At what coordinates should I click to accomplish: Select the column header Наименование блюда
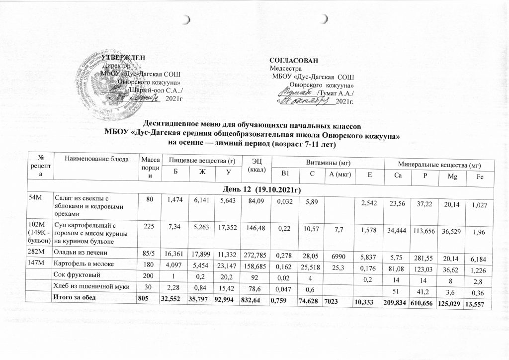[x=93, y=159]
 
